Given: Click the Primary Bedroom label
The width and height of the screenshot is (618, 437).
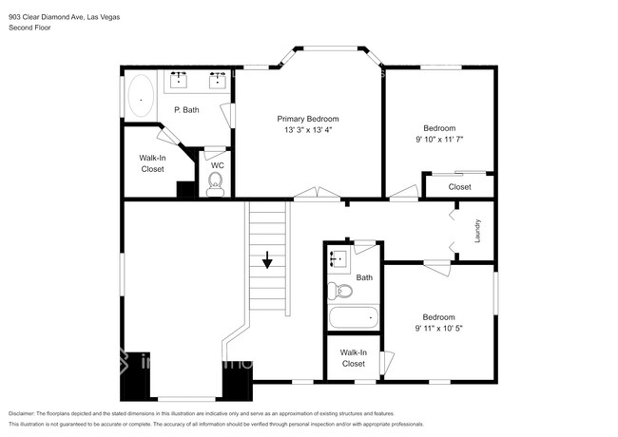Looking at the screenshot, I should coord(307,119).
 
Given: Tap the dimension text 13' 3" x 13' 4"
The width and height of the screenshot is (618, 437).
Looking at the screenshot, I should coord(307,129).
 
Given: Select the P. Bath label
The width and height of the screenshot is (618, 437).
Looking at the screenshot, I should coord(185,110).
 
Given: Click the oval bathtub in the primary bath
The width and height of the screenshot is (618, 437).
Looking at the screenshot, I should coord(143,96).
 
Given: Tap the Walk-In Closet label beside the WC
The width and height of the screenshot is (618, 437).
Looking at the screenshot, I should coord(152,163).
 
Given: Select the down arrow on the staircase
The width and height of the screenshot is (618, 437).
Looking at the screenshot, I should coord(268,259).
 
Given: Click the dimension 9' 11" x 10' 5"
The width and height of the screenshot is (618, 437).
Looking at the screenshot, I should coord(439,328).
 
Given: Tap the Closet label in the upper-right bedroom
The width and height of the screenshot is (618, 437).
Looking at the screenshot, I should coord(459,187).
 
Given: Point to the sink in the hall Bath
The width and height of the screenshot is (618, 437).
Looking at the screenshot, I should coord(337,257).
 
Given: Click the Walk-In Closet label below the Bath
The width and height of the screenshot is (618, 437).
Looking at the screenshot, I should coord(353,358).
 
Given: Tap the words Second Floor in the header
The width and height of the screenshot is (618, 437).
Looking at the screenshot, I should coord(31,28).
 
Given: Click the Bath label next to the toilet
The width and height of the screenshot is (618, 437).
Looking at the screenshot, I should coord(364,277).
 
